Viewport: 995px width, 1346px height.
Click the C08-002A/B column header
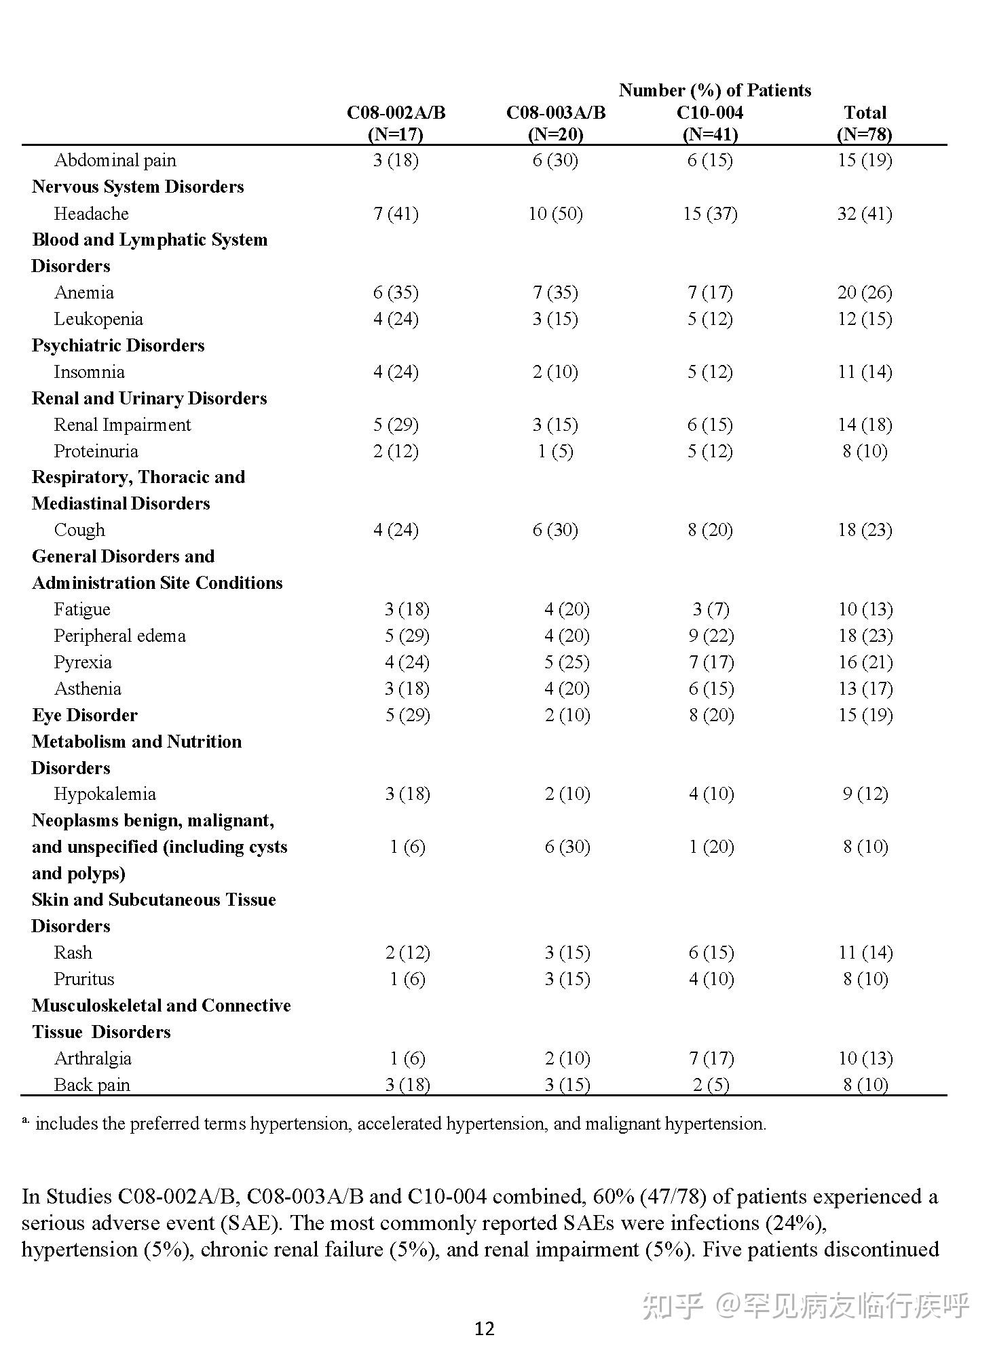(396, 123)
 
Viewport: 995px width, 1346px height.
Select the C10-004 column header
(710, 123)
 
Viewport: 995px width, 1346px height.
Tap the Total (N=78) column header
(865, 123)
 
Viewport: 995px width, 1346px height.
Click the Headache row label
(91, 214)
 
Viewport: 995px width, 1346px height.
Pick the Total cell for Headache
(865, 214)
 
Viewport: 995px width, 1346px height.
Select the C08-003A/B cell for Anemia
(555, 292)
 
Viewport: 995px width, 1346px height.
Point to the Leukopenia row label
(98, 319)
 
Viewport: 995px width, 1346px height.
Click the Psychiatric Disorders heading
(118, 345)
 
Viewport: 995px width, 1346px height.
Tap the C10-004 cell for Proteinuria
(710, 451)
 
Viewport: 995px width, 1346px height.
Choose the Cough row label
(79, 530)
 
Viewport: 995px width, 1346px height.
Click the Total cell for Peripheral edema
(865, 636)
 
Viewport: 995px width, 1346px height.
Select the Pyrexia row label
(83, 662)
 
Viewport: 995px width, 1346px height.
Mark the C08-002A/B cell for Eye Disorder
(407, 715)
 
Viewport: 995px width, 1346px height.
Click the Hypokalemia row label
(105, 794)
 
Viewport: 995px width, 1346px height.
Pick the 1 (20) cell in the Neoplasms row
(711, 847)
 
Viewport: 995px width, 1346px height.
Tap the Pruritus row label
(84, 979)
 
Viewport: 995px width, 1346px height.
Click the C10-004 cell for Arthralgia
(711, 1058)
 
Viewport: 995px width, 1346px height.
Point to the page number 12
(485, 1328)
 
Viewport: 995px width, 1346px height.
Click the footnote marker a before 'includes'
(25, 1121)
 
